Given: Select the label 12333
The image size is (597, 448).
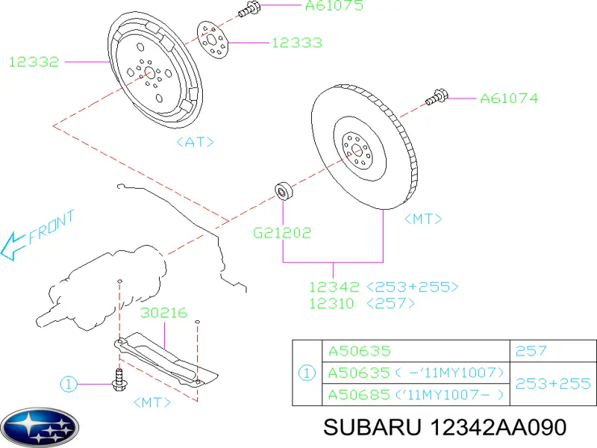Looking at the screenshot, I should (296, 43).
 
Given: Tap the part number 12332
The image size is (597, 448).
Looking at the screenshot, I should (34, 62).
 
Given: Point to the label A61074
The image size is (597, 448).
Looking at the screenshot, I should (508, 98).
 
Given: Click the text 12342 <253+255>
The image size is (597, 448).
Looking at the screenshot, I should (384, 287).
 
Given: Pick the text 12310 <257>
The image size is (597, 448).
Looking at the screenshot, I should (362, 304).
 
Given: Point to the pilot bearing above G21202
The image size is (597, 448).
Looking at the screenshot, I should (284, 192).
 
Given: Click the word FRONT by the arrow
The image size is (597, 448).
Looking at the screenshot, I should (51, 228).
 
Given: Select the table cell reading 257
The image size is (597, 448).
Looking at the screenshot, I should (531, 350).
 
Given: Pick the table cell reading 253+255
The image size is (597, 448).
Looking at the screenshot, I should (553, 383).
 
